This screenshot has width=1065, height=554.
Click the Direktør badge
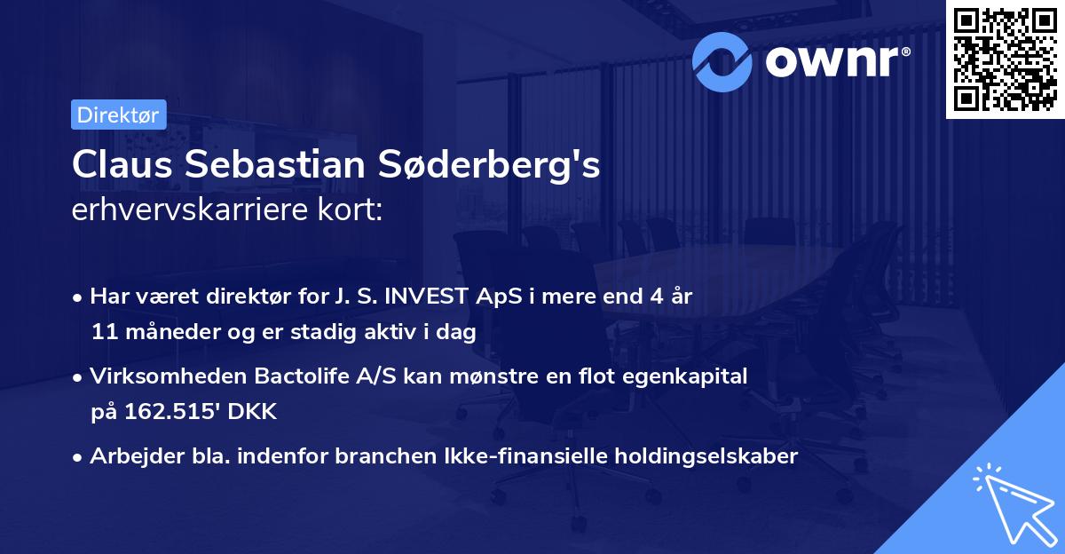[118, 115]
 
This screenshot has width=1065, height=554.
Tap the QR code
[1004, 59]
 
